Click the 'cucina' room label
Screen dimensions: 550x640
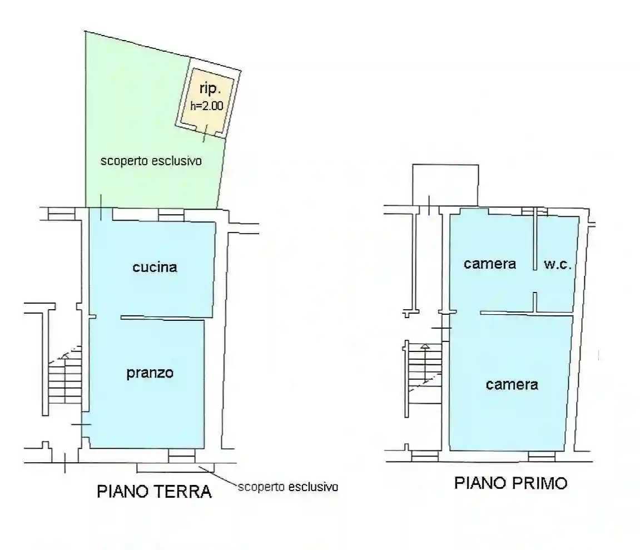[155, 267]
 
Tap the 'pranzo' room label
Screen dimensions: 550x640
[150, 373]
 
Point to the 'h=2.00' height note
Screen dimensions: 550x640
[207, 106]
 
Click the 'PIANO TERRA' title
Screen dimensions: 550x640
[154, 492]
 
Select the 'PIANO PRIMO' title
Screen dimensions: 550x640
[511, 483]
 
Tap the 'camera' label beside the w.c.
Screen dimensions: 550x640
[490, 264]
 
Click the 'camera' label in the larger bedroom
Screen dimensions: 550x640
[512, 384]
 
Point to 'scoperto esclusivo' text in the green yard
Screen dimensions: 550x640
[150, 162]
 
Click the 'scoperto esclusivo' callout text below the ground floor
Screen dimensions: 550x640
[288, 487]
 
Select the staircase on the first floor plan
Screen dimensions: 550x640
[424, 367]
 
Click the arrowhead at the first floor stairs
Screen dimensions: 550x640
[425, 346]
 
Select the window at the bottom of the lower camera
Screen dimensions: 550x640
[541, 457]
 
